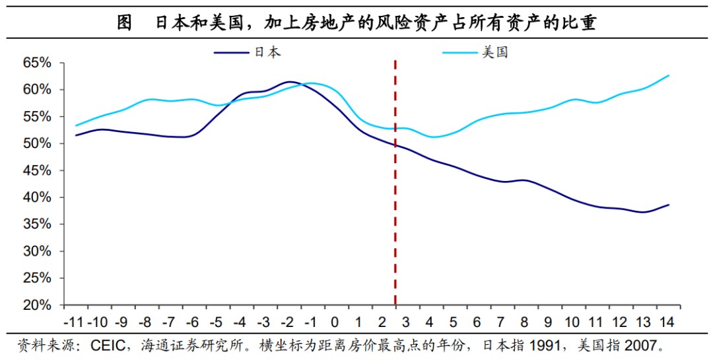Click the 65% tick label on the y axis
(37, 63)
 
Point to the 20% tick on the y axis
(37, 306)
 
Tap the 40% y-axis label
(37, 198)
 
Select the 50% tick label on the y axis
(37, 143)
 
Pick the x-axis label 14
(667, 323)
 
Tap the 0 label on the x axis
(335, 323)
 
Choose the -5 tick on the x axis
(216, 323)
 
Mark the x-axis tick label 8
(524, 323)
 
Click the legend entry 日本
(267, 52)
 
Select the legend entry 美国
(494, 52)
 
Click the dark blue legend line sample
(232, 52)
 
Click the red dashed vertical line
(395, 198)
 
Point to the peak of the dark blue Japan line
(289, 82)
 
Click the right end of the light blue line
(669, 75)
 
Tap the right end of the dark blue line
(669, 205)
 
